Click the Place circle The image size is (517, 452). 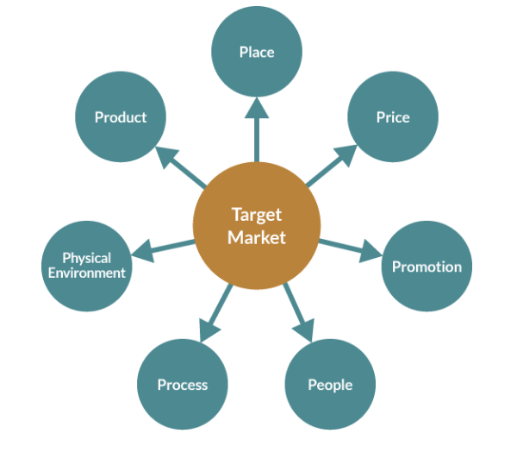click(x=257, y=53)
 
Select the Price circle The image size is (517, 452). click(x=393, y=117)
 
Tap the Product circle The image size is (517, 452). click(x=121, y=117)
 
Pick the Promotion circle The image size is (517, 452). click(x=427, y=267)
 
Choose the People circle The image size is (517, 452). click(x=330, y=385)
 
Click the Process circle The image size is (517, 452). click(x=183, y=385)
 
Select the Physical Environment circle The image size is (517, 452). click(x=87, y=266)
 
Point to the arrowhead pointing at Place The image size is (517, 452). click(x=257, y=108)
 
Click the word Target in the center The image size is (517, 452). click(x=256, y=215)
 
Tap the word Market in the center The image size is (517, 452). click(x=256, y=236)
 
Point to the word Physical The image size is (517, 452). click(x=87, y=258)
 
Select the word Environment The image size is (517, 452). click(x=87, y=273)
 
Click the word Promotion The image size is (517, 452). click(x=427, y=267)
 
